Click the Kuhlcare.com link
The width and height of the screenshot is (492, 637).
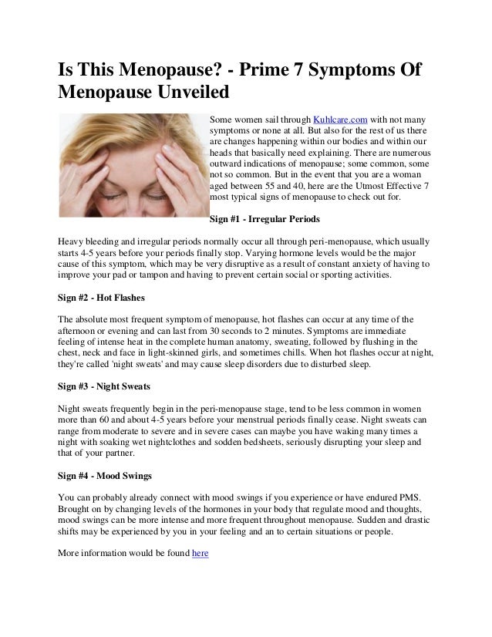pos(339,119)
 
